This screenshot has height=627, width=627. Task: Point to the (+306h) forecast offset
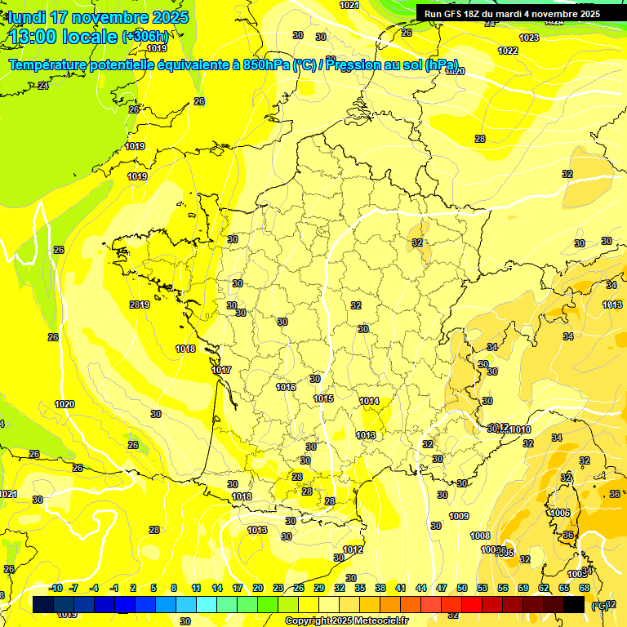[145, 37]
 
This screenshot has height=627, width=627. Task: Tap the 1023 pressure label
[529, 38]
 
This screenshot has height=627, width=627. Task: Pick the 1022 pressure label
[508, 51]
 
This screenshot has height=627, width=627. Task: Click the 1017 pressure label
[221, 371]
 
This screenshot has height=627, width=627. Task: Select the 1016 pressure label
[286, 387]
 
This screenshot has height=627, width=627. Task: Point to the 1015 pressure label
[323, 398]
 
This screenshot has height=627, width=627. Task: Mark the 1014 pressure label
[369, 401]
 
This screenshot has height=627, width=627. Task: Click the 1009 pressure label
[459, 516]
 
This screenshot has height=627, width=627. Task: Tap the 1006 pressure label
[560, 513]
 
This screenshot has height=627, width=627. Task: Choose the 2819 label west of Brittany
[139, 305]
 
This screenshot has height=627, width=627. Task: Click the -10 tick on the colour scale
[56, 588]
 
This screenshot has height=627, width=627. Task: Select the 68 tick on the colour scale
[585, 588]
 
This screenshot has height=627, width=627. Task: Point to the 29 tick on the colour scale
[318, 588]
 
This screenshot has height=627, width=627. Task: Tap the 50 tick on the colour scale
[462, 588]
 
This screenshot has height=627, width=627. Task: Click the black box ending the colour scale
[574, 604]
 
